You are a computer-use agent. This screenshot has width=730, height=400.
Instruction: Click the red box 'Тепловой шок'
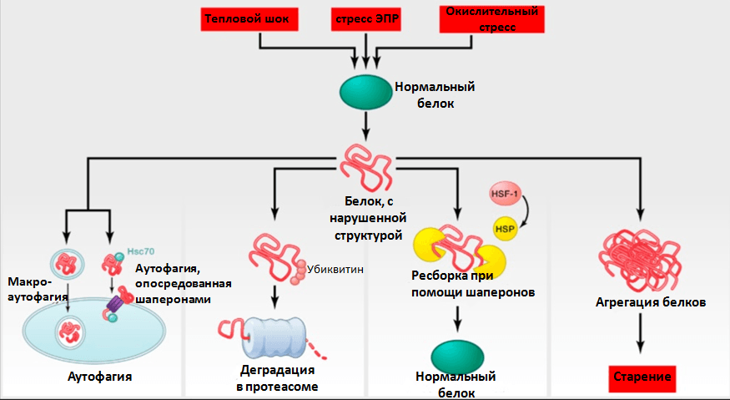click(x=249, y=19)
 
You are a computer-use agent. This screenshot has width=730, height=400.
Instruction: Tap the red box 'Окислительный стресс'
click(x=491, y=19)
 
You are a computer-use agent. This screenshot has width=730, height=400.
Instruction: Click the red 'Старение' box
click(x=642, y=377)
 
